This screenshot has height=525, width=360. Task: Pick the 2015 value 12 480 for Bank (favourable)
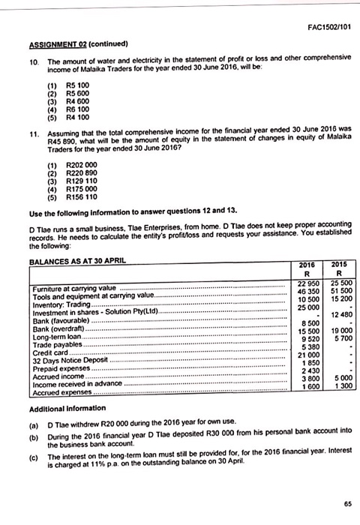(337, 313)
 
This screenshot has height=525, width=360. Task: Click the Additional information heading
(67, 407)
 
